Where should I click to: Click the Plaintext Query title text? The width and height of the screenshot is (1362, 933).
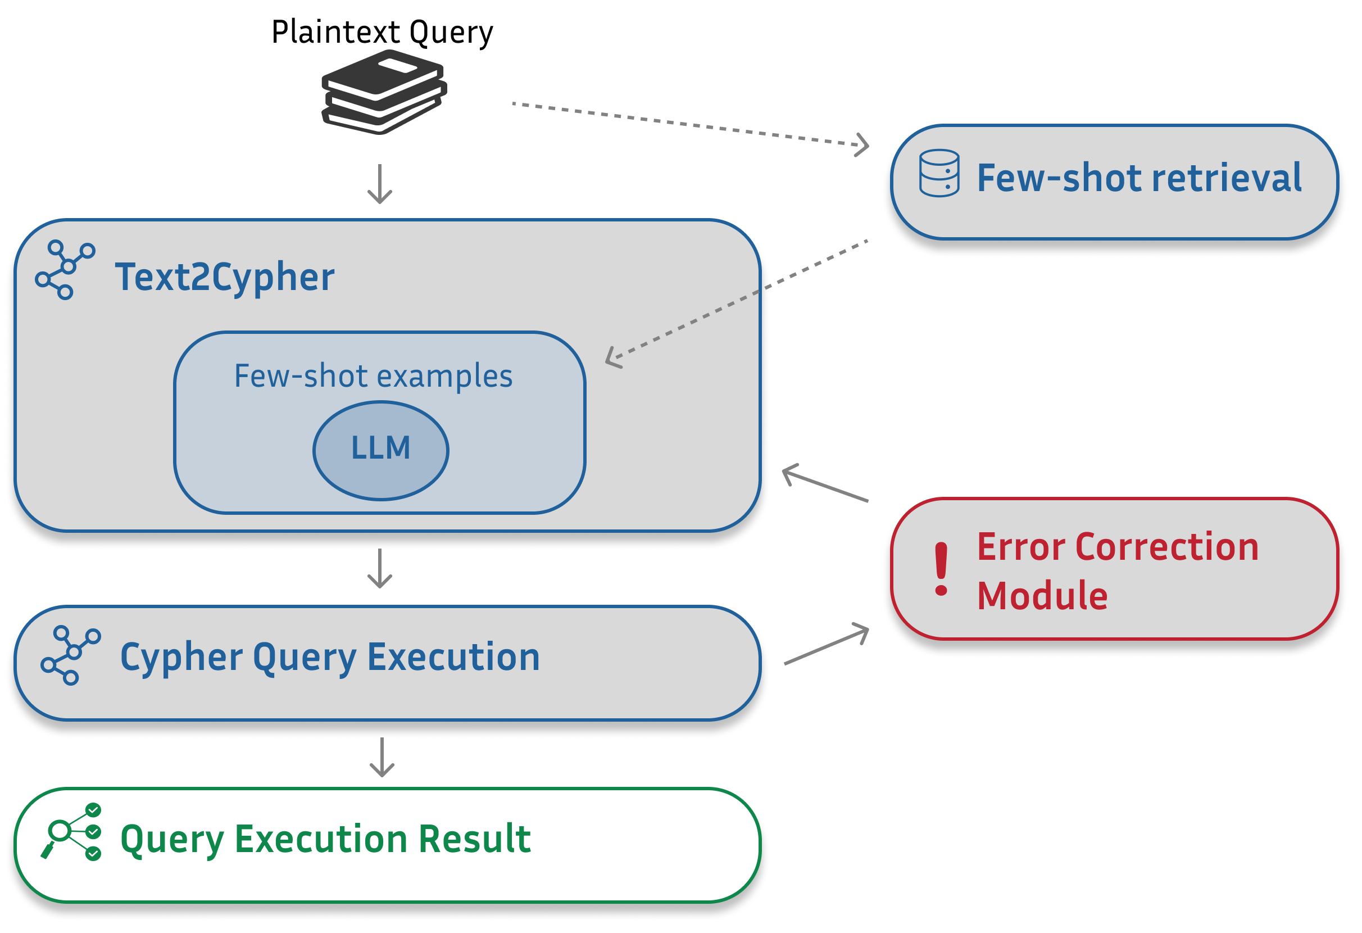coord(382,32)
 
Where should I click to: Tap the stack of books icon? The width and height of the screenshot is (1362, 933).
coord(384,93)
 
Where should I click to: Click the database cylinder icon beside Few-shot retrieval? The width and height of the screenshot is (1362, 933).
coord(939,174)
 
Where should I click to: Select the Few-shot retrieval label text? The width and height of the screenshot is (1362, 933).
coord(1139,178)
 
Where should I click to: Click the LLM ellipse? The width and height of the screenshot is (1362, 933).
coord(381,450)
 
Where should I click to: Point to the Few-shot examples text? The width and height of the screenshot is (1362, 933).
coord(373,375)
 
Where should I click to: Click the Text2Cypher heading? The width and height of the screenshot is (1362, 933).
coord(224,277)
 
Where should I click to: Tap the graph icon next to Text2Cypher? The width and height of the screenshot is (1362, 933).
coord(65,270)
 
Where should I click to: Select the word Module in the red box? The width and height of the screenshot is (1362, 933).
coord(1042,596)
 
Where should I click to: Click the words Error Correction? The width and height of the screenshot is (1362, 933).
coord(1118,547)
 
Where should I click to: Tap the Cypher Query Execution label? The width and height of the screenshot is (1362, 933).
coord(330,657)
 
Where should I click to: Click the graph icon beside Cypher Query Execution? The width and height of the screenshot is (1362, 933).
coord(70,655)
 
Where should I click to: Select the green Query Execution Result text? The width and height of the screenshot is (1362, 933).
coord(325,839)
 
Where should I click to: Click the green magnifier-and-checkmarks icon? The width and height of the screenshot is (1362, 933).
coord(71,832)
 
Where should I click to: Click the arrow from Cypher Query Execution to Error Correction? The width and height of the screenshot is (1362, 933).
coord(827,645)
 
